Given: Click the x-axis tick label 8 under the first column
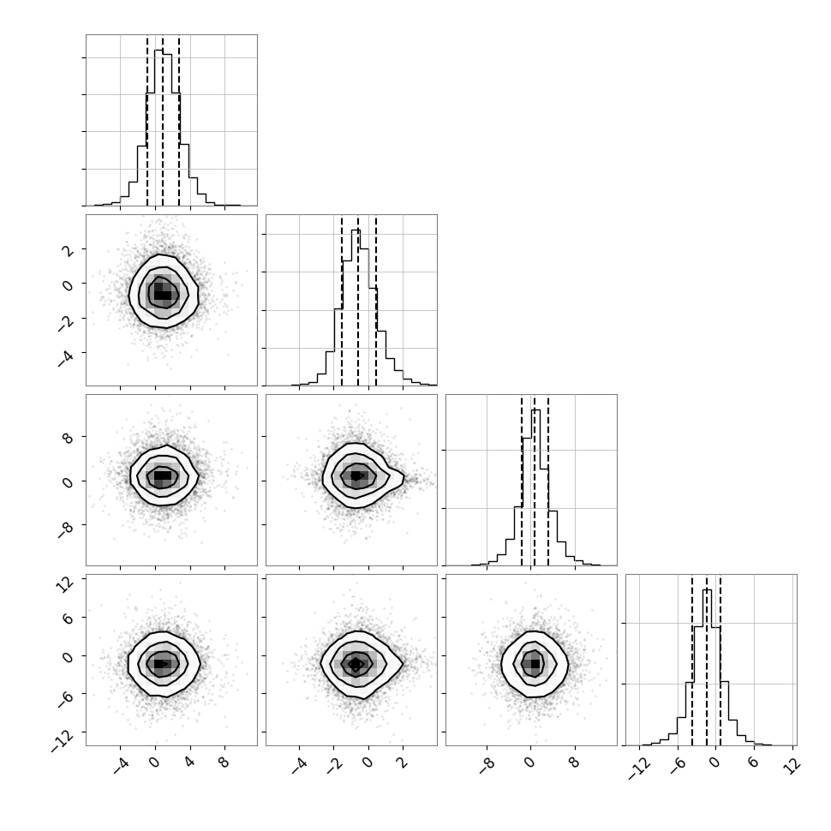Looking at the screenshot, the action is [224, 762].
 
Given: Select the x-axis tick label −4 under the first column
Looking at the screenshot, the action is [121, 765].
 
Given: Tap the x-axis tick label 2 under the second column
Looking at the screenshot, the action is [403, 762].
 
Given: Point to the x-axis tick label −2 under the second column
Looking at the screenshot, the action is [334, 765].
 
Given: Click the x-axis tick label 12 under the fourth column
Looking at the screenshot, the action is [792, 765].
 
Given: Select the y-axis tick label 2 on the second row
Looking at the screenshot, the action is [68, 250].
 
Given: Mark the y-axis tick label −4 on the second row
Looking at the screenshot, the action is [66, 358].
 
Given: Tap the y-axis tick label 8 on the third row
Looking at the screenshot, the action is [68, 438].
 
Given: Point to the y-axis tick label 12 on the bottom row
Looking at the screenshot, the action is [66, 584].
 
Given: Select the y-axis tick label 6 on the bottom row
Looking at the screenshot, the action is [68, 619].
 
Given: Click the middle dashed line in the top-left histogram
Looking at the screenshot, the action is [163, 120].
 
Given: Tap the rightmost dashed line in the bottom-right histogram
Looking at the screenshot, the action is [720, 660].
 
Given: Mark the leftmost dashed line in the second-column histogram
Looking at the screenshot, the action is [342, 301].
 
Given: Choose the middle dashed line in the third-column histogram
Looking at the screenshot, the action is [535, 480].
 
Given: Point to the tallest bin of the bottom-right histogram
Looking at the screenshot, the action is [707, 667].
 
